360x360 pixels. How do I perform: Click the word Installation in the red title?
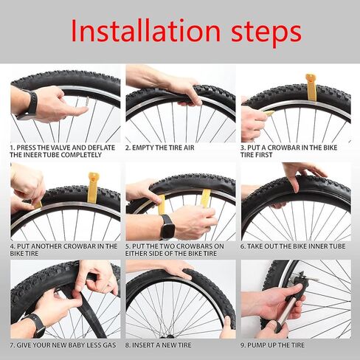[140, 32]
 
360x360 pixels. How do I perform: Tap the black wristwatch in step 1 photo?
[30, 104]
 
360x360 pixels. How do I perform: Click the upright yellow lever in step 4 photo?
[92, 186]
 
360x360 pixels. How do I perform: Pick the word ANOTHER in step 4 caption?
[55, 246]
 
